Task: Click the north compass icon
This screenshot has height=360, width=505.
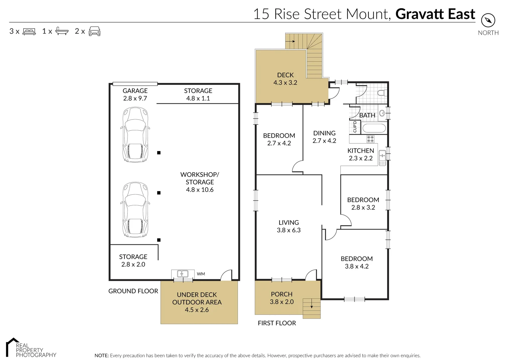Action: coord(488,21)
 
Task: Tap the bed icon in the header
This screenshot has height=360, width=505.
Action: coord(29,32)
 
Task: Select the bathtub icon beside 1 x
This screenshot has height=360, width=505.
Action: coord(62,31)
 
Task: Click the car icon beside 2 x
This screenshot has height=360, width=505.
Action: coord(95,31)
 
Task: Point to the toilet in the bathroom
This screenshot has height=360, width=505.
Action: coord(382,93)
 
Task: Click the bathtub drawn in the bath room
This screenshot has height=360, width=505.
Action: coord(374,128)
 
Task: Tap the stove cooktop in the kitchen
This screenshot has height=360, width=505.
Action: coord(370,139)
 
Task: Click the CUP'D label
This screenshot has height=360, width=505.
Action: coord(354,127)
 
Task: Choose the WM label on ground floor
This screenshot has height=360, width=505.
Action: coord(201,274)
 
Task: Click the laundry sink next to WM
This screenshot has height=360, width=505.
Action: coord(182,274)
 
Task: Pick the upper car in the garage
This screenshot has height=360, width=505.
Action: coord(136,135)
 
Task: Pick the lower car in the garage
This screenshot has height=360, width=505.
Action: coord(136,210)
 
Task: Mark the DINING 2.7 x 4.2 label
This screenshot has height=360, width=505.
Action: coord(324,137)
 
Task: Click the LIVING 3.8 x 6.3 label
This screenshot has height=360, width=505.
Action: coord(288,226)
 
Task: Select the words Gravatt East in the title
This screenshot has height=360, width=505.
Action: coord(435,14)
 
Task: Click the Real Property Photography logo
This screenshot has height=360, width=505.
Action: coord(31,348)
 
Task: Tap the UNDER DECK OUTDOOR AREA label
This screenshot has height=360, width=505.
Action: coord(197,302)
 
